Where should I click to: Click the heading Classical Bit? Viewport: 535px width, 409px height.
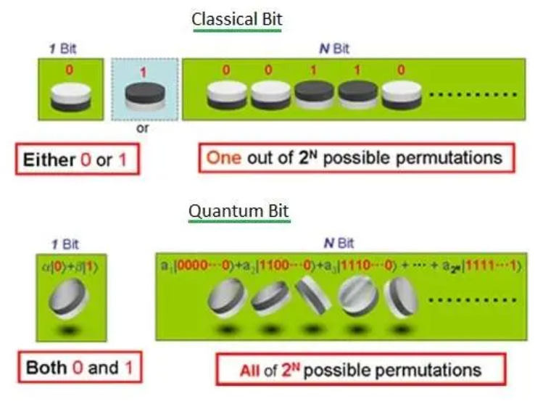[236, 20]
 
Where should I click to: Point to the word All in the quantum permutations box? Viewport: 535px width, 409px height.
[249, 371]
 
